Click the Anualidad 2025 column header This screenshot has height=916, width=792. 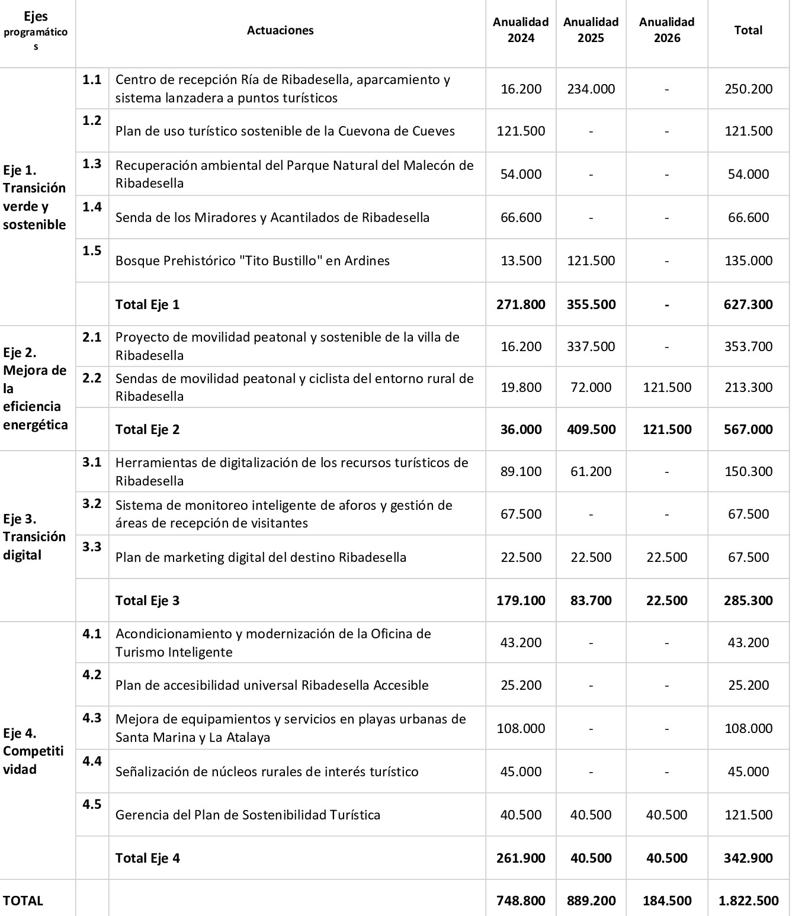click(x=591, y=30)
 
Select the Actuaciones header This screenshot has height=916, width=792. click(x=280, y=30)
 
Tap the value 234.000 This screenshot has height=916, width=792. click(x=591, y=89)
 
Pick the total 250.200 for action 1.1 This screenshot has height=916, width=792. click(x=748, y=89)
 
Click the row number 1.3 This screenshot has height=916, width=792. click(x=92, y=164)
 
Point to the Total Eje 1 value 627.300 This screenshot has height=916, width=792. click(x=748, y=304)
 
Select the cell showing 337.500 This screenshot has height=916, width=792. click(x=591, y=346)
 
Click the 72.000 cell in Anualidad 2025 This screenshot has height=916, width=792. click(x=591, y=387)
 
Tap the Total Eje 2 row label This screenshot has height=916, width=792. click(x=148, y=429)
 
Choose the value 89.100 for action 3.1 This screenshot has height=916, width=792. click(x=521, y=471)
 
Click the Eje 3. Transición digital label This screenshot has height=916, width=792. click(x=34, y=536)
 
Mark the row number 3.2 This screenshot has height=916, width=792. click(x=92, y=504)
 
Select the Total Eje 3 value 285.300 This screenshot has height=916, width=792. click(x=748, y=600)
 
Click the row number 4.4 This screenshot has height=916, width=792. click(x=92, y=761)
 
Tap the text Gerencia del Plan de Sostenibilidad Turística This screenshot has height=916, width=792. click(x=248, y=815)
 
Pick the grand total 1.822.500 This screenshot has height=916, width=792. click(x=748, y=901)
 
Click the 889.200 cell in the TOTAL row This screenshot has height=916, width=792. click(x=591, y=901)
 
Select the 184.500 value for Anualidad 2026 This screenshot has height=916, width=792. click(x=666, y=901)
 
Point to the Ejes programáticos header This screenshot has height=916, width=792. click(x=36, y=30)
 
